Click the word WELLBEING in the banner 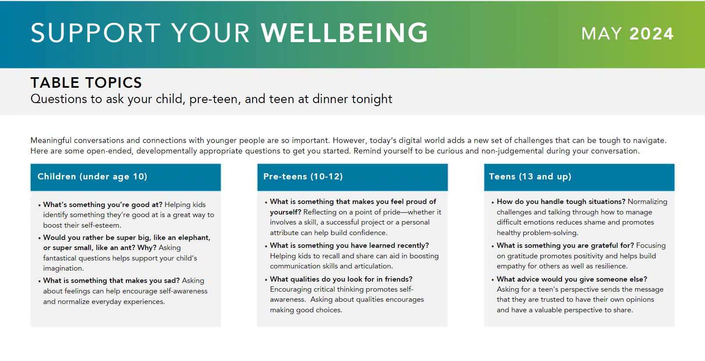click(344, 33)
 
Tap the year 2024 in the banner click(651, 34)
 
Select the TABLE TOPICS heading click(86, 83)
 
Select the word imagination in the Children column click(63, 268)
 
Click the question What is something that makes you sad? click(111, 280)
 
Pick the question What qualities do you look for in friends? click(341, 279)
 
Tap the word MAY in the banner click(601, 34)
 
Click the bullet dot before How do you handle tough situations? click(493, 202)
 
